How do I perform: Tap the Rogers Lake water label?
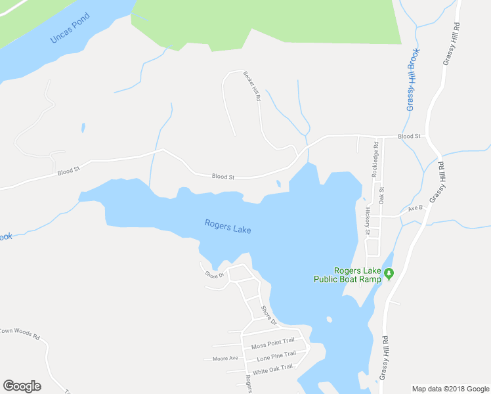click(228, 227)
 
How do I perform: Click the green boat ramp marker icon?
click(389, 274)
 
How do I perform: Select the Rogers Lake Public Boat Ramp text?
click(348, 274)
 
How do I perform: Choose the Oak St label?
click(381, 194)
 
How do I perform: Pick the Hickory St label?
click(368, 221)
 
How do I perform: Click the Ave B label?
click(415, 208)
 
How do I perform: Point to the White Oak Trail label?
click(272, 368)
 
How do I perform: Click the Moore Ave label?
click(225, 359)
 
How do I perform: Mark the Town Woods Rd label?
click(20, 332)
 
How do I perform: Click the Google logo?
click(22, 386)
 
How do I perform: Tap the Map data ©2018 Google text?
click(451, 389)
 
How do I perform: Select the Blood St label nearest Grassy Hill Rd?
click(409, 137)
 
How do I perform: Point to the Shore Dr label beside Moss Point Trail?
click(269, 316)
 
